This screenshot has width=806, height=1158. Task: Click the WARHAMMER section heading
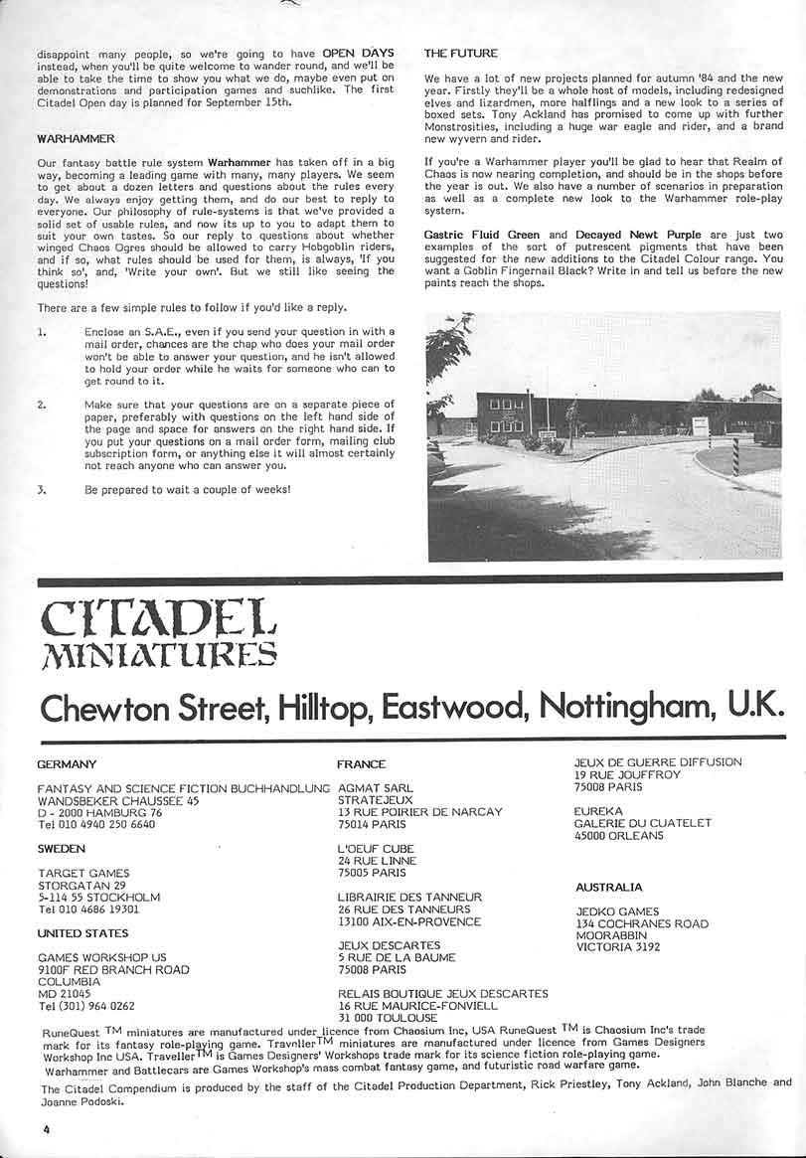(77, 138)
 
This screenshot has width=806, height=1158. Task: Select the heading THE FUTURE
(460, 53)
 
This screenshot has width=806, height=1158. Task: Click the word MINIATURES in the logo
(157, 654)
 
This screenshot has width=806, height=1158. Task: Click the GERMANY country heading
(67, 764)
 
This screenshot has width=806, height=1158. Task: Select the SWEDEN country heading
(61, 849)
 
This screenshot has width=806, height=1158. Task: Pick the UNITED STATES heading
(82, 933)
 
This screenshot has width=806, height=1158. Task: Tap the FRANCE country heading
(362, 764)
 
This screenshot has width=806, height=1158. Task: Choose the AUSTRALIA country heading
(608, 887)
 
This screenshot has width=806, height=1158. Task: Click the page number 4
(46, 1129)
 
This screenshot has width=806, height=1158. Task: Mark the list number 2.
(41, 406)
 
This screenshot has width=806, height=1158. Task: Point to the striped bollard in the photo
(735, 456)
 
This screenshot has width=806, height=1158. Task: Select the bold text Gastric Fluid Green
(482, 235)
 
